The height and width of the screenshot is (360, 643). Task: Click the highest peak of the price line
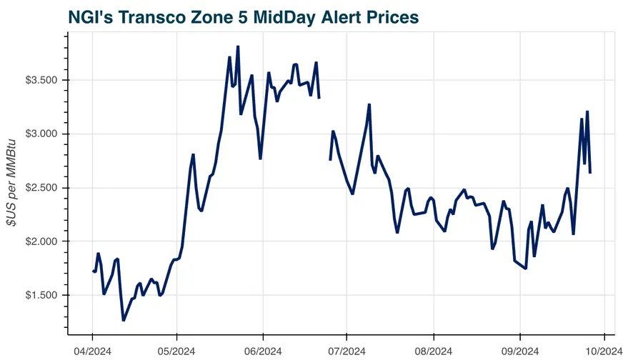pyautogui.click(x=237, y=46)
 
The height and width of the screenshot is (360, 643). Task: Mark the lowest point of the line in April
pyautogui.click(x=123, y=321)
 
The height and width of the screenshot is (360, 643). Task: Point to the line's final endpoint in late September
pyautogui.click(x=589, y=173)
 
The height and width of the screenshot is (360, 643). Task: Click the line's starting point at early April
pyautogui.click(x=93, y=271)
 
